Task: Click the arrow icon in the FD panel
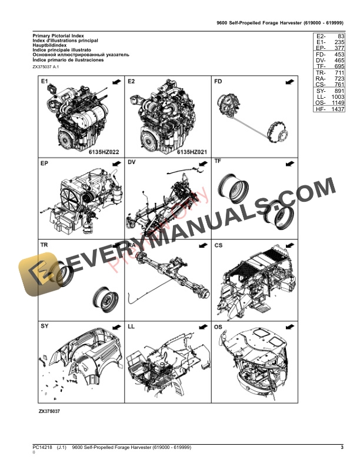click(x=288, y=82)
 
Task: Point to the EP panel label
click(x=45, y=162)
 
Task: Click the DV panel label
click(x=132, y=162)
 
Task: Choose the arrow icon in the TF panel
click(x=288, y=162)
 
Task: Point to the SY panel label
click(x=45, y=325)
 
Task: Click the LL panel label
click(x=132, y=325)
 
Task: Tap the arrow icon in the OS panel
click(x=288, y=325)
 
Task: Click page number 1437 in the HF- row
click(x=337, y=109)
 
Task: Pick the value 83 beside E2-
click(x=339, y=36)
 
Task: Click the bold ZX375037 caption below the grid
click(x=50, y=411)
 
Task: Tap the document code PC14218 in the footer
click(x=42, y=449)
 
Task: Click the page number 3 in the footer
click(x=342, y=449)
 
